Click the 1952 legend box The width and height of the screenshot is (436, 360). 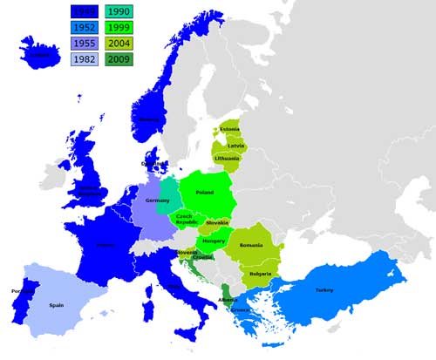pyautogui.click(x=85, y=27)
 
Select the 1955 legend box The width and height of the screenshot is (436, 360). pyautogui.click(x=85, y=44)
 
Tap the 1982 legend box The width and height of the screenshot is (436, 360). pyautogui.click(x=85, y=59)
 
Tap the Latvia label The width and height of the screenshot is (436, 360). pyautogui.click(x=235, y=145)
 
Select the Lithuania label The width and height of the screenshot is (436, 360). pyautogui.click(x=226, y=159)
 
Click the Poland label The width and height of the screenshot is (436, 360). pyautogui.click(x=205, y=192)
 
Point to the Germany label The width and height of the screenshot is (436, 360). pyautogui.click(x=157, y=200)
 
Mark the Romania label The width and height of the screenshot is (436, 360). pyautogui.click(x=251, y=246)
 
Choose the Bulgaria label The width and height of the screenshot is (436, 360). pyautogui.click(x=258, y=274)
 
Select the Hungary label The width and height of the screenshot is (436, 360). pyautogui.click(x=214, y=240)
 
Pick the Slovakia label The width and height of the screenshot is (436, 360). pyautogui.click(x=217, y=223)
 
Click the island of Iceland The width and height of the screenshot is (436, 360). pyautogui.click(x=39, y=54)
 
